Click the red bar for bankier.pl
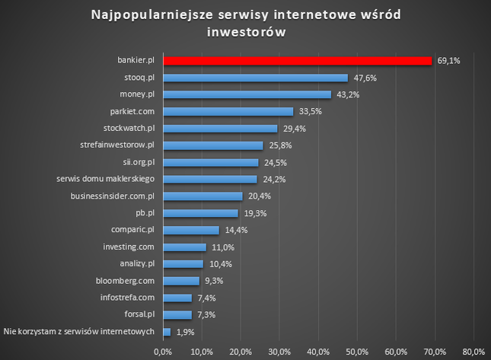(297, 60)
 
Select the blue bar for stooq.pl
(255, 78)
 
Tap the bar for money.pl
(247, 94)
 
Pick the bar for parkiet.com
(228, 111)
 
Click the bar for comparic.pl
(190, 230)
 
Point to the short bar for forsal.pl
(177, 314)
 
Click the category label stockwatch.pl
(129, 128)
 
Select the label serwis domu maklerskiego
(106, 179)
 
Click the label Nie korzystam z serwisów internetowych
(79, 331)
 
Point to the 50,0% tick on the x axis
(357, 351)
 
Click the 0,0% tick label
(163, 351)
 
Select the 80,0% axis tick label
(473, 351)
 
